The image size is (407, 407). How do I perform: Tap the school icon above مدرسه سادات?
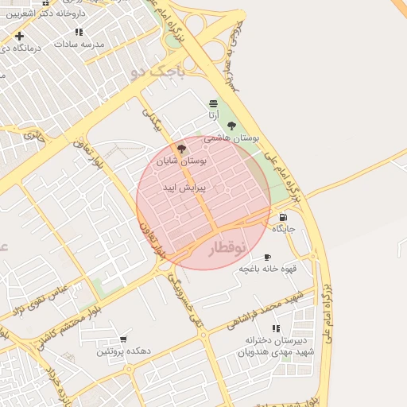79,32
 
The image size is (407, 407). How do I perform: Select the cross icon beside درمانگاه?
19,36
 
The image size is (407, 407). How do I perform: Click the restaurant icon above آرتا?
213,103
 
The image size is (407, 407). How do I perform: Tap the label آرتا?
213,116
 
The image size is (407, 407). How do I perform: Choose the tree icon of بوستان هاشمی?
232,126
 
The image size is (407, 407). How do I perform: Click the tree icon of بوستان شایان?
181,148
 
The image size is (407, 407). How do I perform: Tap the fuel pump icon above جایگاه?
284,216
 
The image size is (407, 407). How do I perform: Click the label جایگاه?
284,229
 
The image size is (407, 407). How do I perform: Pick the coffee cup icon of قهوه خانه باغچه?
267,257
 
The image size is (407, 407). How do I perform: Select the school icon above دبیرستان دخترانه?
276,328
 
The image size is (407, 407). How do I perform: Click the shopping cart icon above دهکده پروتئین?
123,339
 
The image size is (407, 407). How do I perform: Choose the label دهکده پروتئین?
124,351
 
